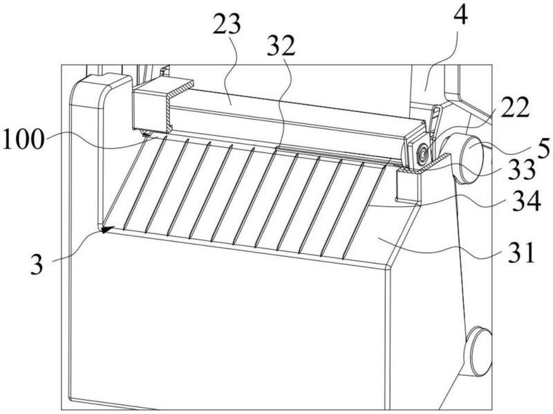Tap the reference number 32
(281, 46)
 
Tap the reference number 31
(522, 252)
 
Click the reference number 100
(24, 139)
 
